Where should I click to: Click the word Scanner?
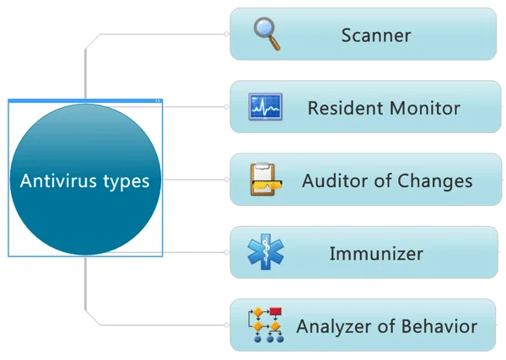coord(376,35)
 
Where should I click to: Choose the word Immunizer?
coord(376,253)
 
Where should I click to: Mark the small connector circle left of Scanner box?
coord(227,35)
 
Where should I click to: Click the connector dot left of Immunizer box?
coord(227,252)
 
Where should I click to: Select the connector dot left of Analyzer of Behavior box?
coord(227,325)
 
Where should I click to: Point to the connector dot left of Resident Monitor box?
coord(227,107)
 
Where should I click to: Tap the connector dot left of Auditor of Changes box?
coord(227,180)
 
